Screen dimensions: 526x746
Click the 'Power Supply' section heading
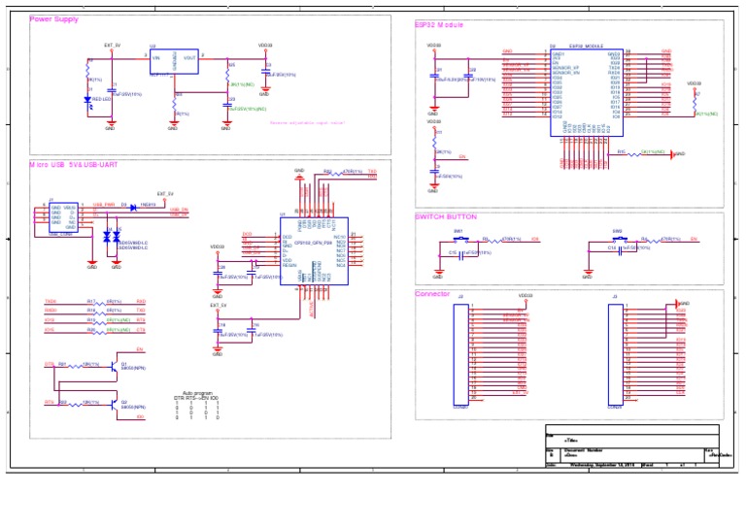(54, 19)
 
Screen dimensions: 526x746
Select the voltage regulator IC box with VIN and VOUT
(174, 62)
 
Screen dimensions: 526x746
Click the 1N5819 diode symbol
(133, 206)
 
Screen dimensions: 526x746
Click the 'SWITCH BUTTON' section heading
(446, 216)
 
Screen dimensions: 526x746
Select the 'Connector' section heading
(432, 293)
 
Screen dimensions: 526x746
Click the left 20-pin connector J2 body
(461, 351)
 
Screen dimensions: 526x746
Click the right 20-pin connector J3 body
(616, 351)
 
